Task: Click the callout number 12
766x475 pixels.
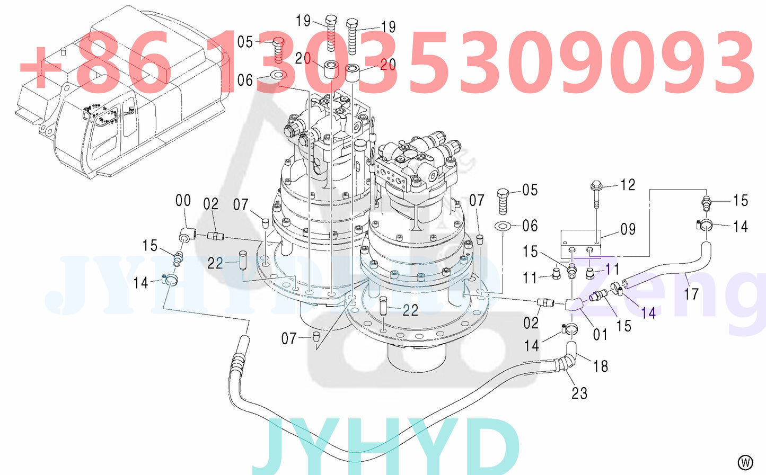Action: click(x=628, y=185)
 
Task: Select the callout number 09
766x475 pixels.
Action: click(x=628, y=229)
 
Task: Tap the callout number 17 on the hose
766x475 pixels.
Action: click(x=691, y=293)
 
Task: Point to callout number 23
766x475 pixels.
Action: click(x=579, y=393)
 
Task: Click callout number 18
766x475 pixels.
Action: click(x=601, y=366)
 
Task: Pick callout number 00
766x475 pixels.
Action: click(x=183, y=200)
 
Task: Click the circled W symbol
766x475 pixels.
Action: click(x=745, y=462)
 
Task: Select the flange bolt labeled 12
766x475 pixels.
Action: click(x=596, y=195)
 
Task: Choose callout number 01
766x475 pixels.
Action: click(x=600, y=334)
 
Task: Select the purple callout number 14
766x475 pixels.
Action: click(x=648, y=313)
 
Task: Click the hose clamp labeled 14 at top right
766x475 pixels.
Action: click(x=706, y=226)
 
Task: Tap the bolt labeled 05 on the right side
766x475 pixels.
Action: click(x=503, y=200)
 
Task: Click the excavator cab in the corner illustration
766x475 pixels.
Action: click(x=106, y=132)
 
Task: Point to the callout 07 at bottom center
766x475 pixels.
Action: click(x=288, y=338)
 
